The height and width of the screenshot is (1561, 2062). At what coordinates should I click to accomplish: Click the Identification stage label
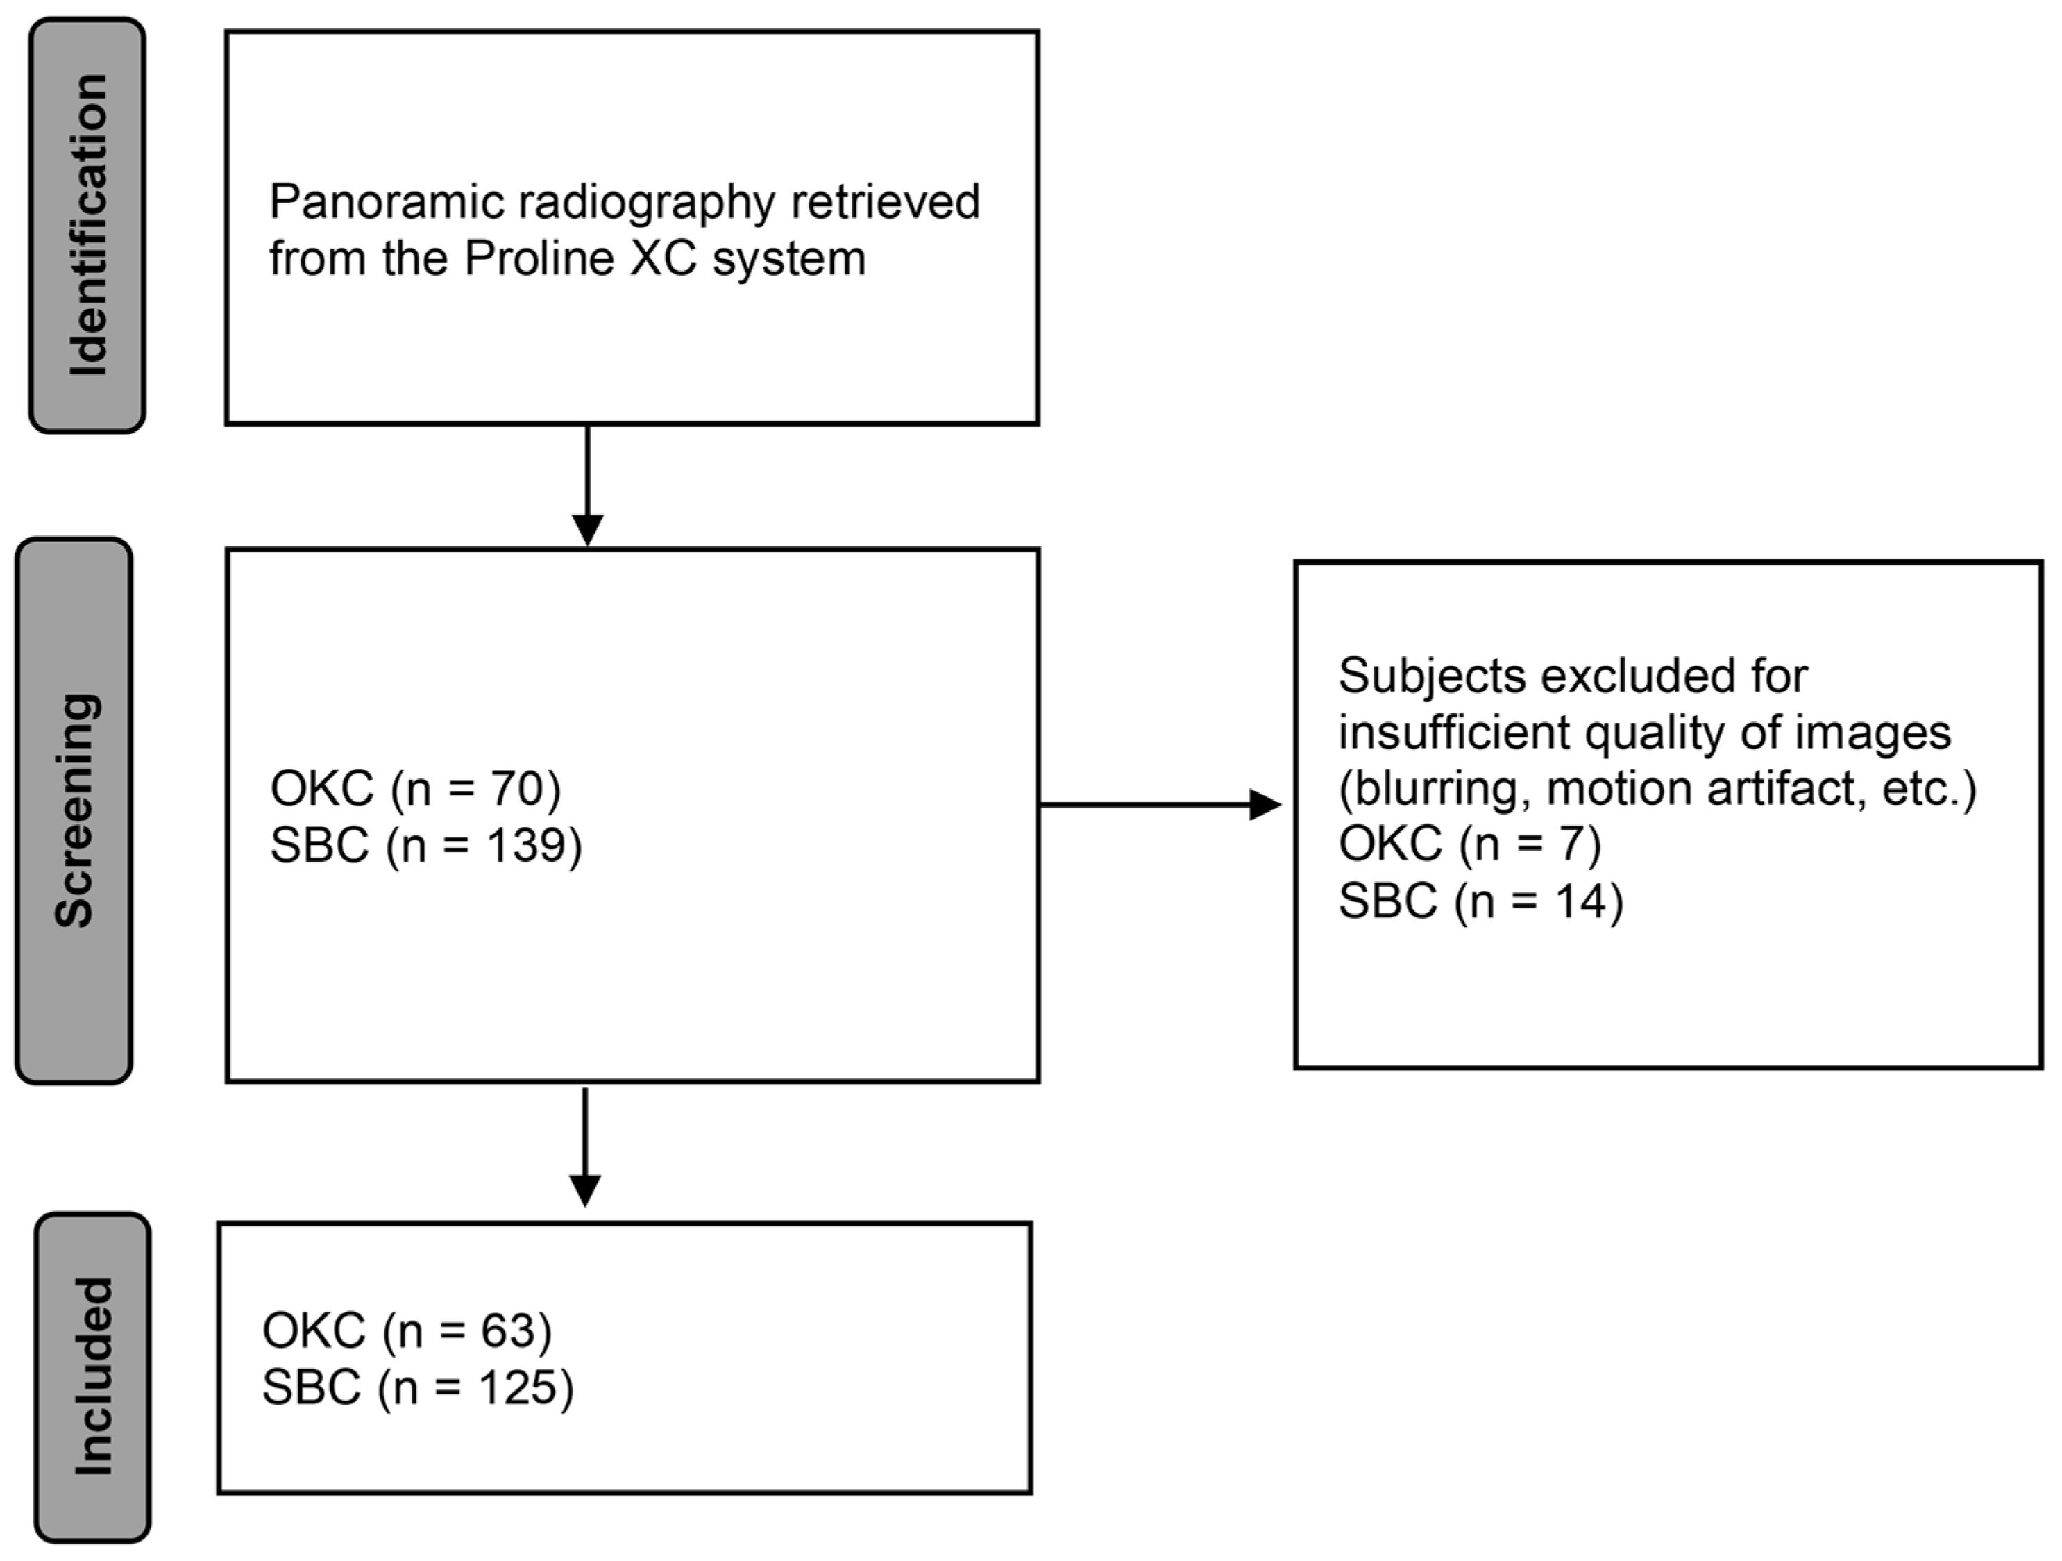(87, 226)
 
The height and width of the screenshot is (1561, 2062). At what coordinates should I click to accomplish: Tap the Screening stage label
(74, 810)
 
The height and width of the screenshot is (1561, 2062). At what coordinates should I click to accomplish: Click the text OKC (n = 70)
(416, 789)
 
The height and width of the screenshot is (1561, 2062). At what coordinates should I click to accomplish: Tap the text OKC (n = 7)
(1470, 844)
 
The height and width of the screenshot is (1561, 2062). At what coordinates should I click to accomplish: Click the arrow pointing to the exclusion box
(1160, 804)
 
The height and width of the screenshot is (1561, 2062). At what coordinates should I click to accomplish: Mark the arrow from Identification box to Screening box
(587, 485)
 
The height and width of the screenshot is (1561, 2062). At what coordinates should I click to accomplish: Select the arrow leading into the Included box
(584, 1147)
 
